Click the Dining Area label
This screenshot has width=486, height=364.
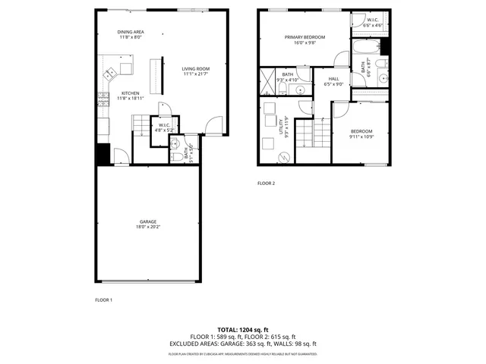pos(131,32)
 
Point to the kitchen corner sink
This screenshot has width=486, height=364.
pos(111,73)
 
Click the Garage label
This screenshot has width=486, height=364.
pos(147,221)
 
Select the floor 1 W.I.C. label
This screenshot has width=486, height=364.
pos(164,126)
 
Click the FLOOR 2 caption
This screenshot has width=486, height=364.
pos(266,184)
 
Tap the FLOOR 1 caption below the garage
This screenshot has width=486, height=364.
pos(103,300)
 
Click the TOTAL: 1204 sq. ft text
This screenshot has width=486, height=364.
pos(243,330)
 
